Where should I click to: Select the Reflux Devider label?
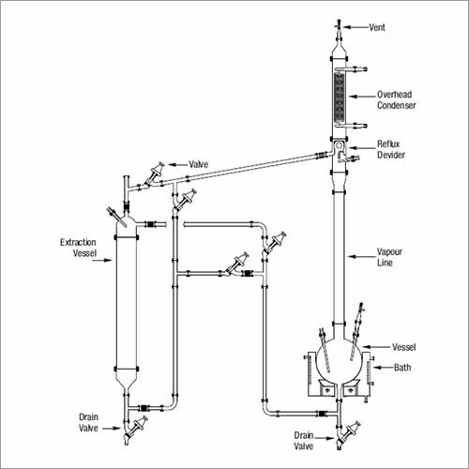(x=391, y=149)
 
